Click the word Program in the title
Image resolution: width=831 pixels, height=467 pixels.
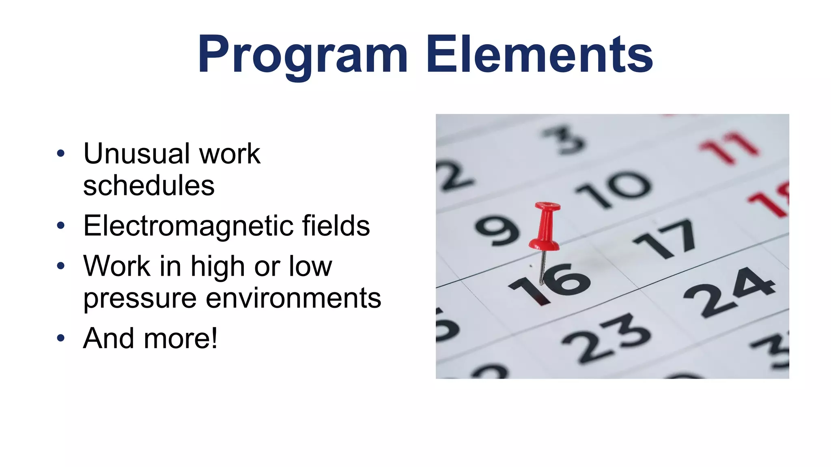click(302, 55)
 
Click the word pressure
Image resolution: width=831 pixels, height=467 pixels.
click(140, 298)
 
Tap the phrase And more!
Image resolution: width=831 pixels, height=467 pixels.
click(150, 338)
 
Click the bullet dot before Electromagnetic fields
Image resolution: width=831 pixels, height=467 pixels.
click(61, 225)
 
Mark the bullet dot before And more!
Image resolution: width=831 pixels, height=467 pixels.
click(61, 338)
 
